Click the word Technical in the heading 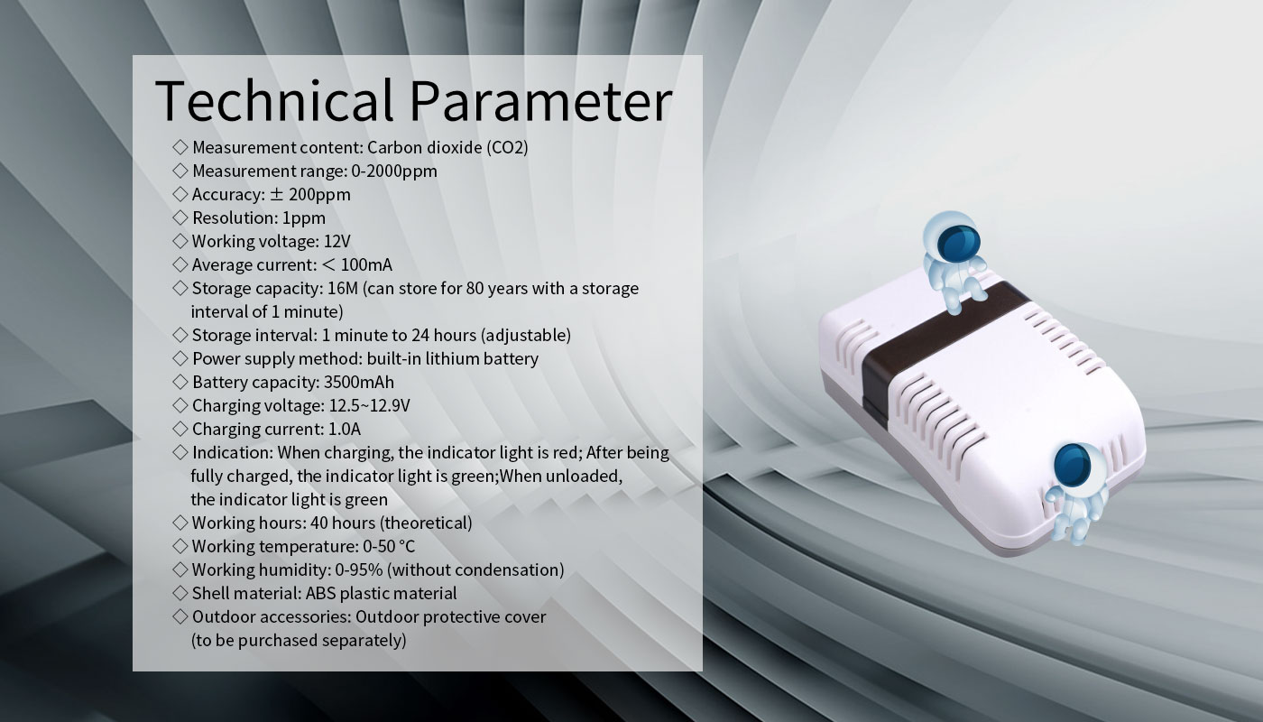coord(274,100)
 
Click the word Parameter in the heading coord(540,100)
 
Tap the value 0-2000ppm coord(394,171)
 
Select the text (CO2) coord(507,148)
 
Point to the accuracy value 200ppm coord(319,195)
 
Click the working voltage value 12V coord(337,242)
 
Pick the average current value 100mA coord(366,265)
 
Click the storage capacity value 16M coord(342,289)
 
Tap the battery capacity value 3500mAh coord(359,383)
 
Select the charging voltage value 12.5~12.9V coord(369,405)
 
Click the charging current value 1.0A coord(344,430)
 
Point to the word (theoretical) coord(426,523)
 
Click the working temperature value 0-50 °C coord(389,547)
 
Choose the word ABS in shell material coord(320,594)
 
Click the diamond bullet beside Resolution coord(180,218)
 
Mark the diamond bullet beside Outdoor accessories coord(180,616)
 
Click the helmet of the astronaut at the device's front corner coord(1073,465)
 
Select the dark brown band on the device coord(936,345)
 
